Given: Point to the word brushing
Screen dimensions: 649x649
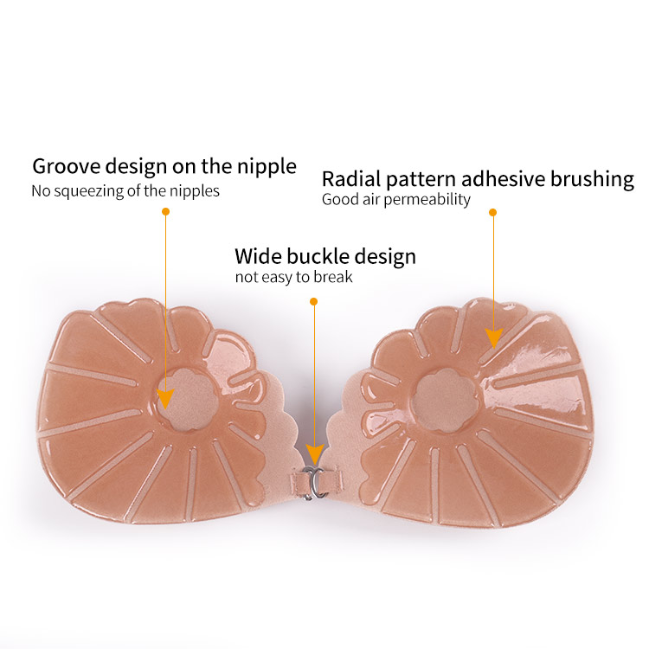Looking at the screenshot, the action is point(592,180).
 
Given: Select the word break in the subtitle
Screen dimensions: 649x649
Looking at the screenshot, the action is point(335,278).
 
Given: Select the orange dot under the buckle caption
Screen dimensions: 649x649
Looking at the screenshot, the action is point(313,301).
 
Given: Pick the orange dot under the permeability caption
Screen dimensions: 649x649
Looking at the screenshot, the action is point(492,211).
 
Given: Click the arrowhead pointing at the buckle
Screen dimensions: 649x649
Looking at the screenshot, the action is point(314,455).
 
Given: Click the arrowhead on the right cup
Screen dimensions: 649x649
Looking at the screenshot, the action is point(493,337).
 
